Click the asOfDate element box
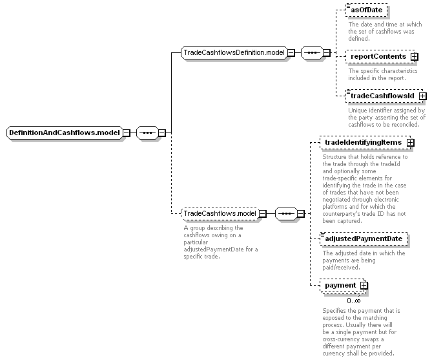(x=367, y=10)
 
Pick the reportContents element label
(x=378, y=56)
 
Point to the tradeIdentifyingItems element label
(x=364, y=142)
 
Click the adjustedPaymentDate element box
(x=364, y=239)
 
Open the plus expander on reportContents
(x=414, y=56)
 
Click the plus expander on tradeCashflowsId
(x=422, y=96)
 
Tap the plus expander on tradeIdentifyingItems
(x=410, y=143)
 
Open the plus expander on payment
(x=364, y=286)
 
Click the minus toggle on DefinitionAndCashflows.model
(x=126, y=132)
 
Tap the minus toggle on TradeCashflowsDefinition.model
(x=291, y=52)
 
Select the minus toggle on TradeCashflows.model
(x=263, y=213)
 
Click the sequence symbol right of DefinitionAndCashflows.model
(x=148, y=132)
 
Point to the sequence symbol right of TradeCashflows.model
(x=287, y=213)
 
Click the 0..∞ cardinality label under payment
(x=354, y=301)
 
